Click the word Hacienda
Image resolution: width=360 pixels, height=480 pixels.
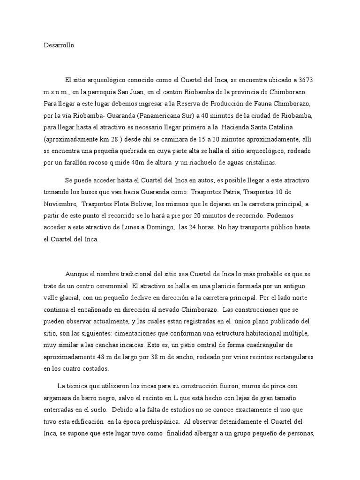[245, 127]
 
